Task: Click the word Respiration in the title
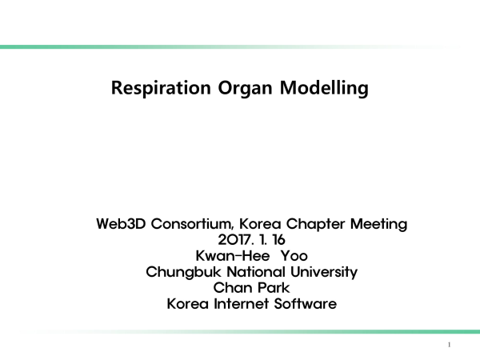coord(161,88)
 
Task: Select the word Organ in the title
coord(245,89)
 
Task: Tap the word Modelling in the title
coord(324,89)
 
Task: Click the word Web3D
coord(121,224)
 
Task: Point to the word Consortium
coord(192,224)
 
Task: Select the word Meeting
coord(378,224)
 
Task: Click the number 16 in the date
coord(279,240)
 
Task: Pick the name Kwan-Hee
coord(233,256)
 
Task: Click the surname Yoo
coord(294,256)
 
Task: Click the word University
coord(324,272)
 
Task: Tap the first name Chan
coord(232,288)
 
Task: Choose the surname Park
coord(274,288)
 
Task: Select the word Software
coord(306,304)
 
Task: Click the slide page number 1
coord(449,345)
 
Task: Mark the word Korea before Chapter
coord(260,224)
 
